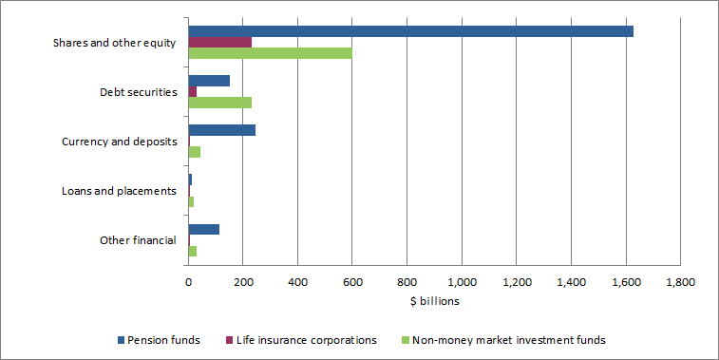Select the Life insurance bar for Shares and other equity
pyautogui.click(x=220, y=43)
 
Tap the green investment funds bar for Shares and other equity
pyautogui.click(x=270, y=53)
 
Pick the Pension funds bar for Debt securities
pyautogui.click(x=209, y=81)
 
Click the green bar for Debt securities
pyautogui.click(x=220, y=103)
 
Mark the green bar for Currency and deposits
pyautogui.click(x=195, y=152)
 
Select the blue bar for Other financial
pyautogui.click(x=204, y=229)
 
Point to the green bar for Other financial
pyautogui.click(x=193, y=251)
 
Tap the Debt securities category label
pyautogui.click(x=138, y=92)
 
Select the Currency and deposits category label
pyautogui.click(x=119, y=142)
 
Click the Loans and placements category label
pyautogui.click(x=119, y=191)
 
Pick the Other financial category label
pyautogui.click(x=138, y=240)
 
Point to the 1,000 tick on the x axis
pyautogui.click(x=462, y=282)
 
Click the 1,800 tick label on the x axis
pyautogui.click(x=680, y=282)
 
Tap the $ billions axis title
pyautogui.click(x=434, y=301)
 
